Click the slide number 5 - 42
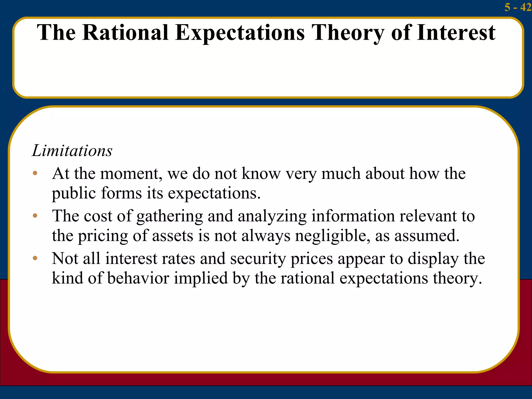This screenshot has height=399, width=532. pos(517,7)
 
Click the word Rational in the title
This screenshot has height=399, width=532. pos(125,33)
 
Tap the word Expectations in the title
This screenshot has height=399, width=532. pos(240,33)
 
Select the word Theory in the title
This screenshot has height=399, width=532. pos(348,33)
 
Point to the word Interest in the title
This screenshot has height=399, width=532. pos(456,33)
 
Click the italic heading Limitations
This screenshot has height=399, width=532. pos(72,150)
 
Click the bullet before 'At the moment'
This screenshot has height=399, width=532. pos(35,173)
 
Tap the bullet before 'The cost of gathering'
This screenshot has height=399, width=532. pos(35,216)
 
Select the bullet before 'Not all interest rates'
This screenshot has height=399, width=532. pos(35,258)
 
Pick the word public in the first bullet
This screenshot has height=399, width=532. pos(74,193)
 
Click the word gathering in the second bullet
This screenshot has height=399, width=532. pos(169,216)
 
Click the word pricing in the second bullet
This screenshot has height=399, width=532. pos(103,236)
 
